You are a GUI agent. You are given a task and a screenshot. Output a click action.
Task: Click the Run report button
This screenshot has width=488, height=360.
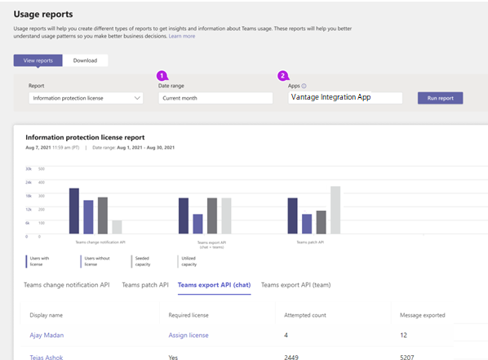tap(440, 98)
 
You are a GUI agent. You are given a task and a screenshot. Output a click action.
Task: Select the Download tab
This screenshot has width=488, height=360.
tap(85, 60)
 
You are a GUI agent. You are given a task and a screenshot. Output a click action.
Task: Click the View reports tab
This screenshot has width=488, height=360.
tap(38, 60)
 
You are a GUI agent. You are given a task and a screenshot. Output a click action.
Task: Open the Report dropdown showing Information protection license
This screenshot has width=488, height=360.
tap(86, 98)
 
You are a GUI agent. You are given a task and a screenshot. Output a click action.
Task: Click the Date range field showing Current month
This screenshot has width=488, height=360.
tap(215, 98)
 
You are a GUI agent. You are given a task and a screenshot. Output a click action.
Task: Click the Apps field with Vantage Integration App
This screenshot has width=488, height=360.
tap(345, 98)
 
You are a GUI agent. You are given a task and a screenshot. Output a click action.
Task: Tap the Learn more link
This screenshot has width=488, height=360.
tap(182, 36)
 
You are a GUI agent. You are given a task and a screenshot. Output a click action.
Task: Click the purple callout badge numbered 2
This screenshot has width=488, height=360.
tap(283, 75)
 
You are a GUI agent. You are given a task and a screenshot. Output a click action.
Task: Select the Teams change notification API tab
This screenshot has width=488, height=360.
tap(67, 285)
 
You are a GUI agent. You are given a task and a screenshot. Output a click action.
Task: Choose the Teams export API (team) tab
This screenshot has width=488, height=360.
tap(295, 285)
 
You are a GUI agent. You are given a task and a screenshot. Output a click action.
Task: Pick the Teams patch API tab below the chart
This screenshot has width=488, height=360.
tap(145, 285)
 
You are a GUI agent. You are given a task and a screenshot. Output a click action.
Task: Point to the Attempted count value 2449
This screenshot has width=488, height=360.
tap(291, 357)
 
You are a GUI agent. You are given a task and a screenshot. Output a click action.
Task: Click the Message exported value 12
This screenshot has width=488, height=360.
tap(403, 335)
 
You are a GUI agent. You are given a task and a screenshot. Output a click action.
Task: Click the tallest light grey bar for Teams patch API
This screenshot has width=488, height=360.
tap(335, 211)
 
